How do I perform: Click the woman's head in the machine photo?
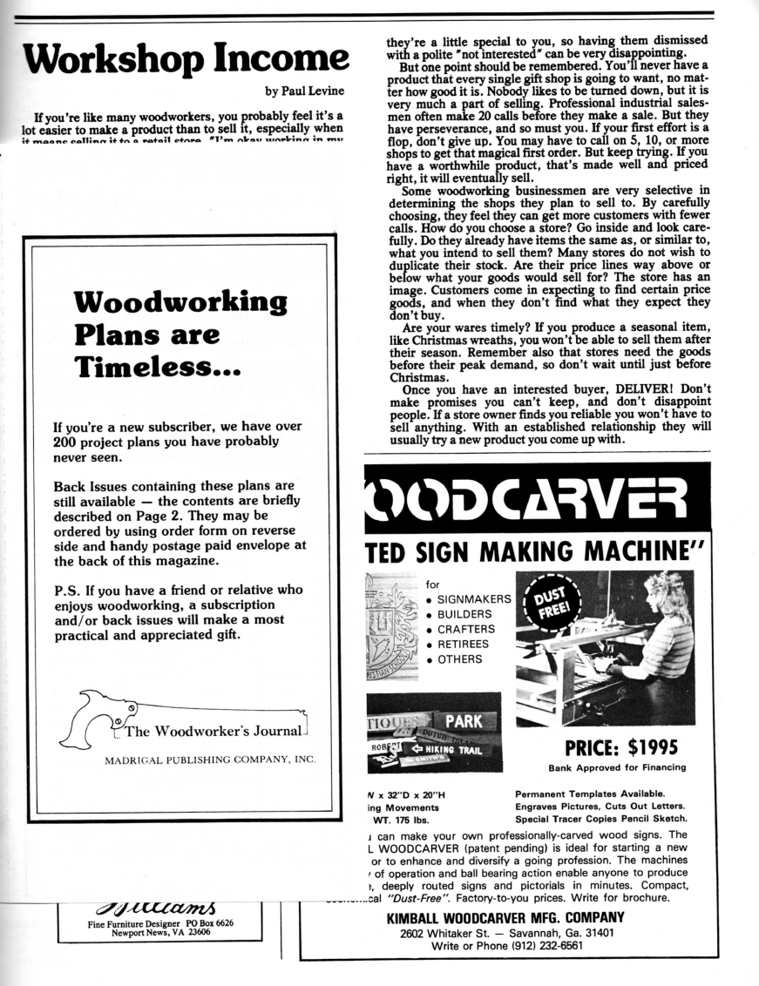pos(668,592)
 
